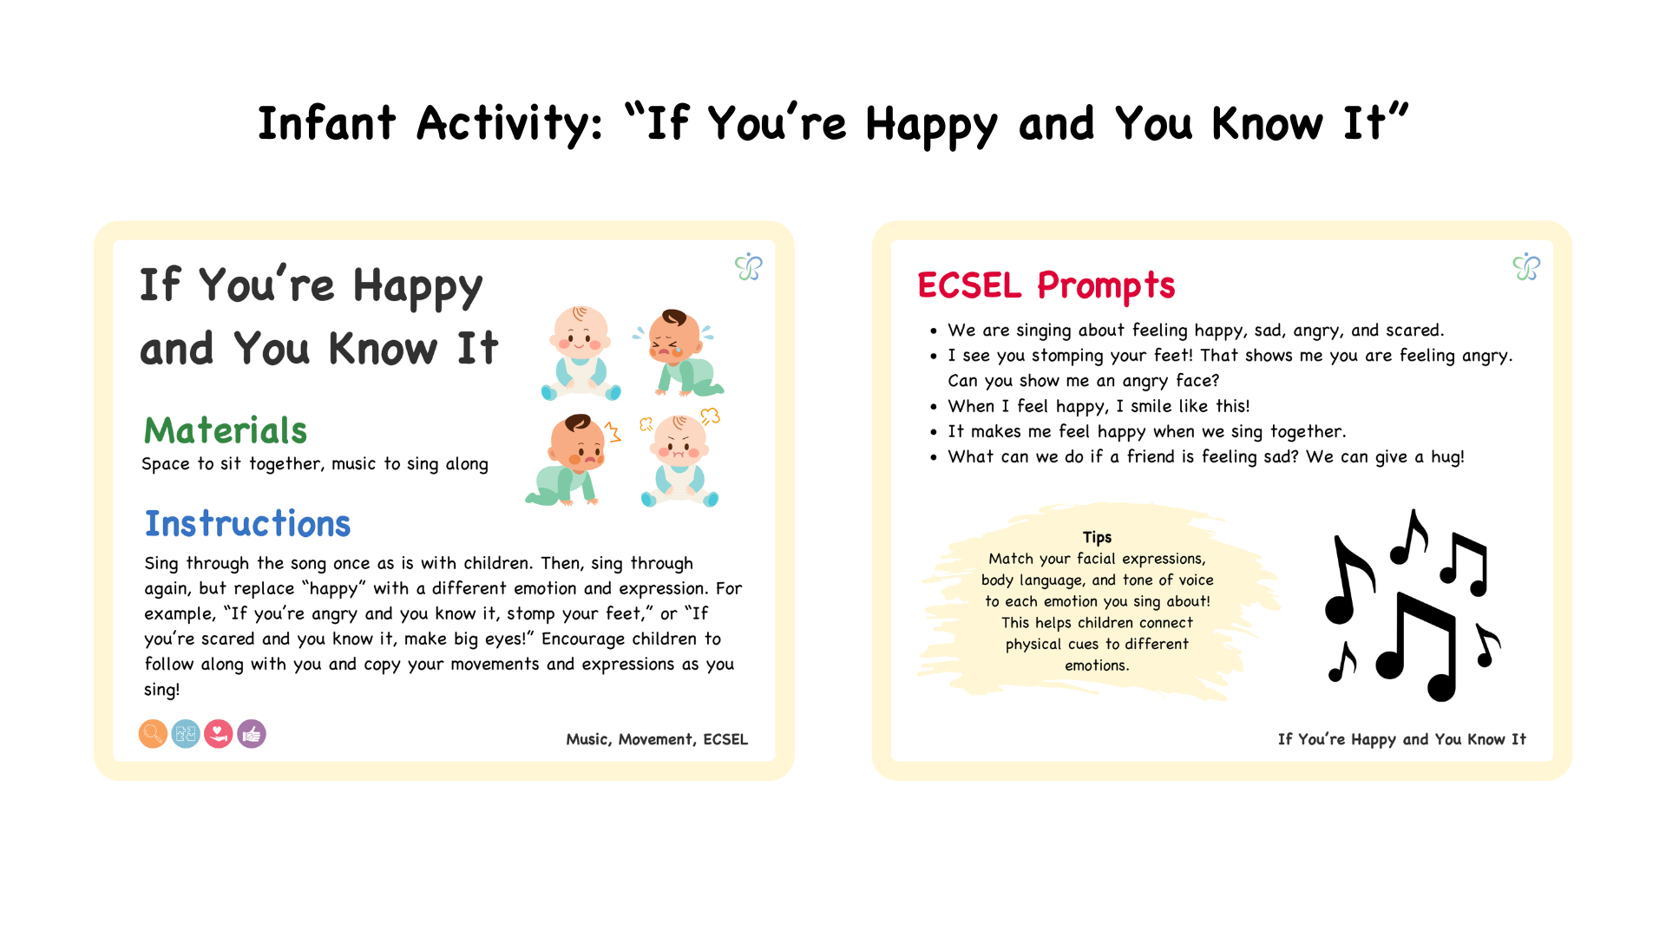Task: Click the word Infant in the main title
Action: (x=327, y=123)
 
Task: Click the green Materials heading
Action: (x=226, y=430)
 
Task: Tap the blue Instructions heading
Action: (x=247, y=524)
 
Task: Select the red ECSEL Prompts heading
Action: (x=1046, y=285)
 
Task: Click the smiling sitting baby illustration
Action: (x=580, y=353)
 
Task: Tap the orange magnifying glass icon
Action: (x=153, y=734)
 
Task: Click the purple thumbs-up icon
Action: (x=252, y=734)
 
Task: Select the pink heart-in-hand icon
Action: (x=219, y=734)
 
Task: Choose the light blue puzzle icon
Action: (x=186, y=734)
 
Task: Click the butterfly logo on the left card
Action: (x=749, y=266)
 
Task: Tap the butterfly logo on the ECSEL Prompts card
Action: (x=1526, y=266)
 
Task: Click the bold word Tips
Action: (x=1097, y=537)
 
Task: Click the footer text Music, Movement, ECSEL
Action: (x=657, y=739)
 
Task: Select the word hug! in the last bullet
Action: (x=1447, y=457)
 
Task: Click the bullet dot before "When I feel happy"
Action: (x=934, y=407)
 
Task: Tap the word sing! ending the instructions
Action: (x=162, y=690)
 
